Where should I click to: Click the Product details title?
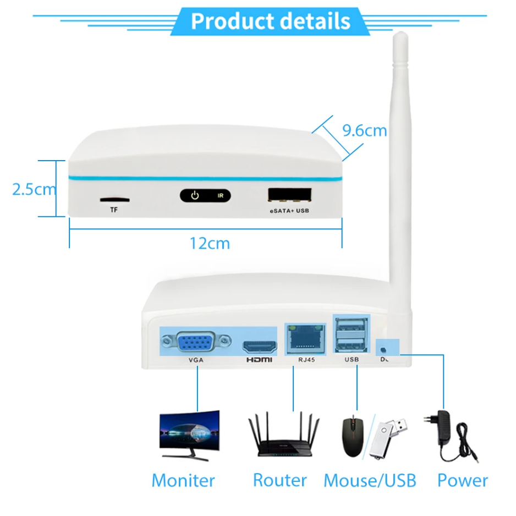pos(270,21)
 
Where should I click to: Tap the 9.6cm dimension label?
pos(364,130)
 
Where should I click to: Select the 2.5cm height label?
pos(34,189)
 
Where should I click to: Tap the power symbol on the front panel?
pos(194,195)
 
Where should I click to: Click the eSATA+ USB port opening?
pos(289,195)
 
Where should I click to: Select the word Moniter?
pos(183,480)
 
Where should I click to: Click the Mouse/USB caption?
pos(370,480)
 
